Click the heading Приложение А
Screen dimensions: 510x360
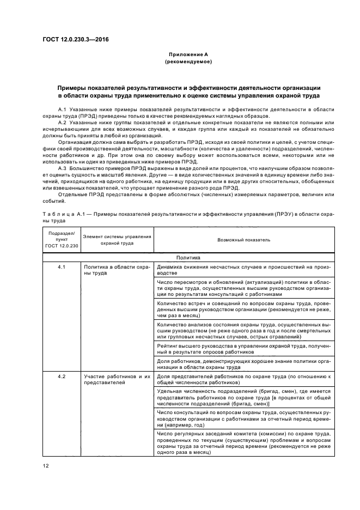point(188,54)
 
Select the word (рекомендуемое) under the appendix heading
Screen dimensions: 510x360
point(188,62)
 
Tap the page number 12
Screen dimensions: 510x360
point(46,465)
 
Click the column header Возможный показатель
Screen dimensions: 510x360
point(243,240)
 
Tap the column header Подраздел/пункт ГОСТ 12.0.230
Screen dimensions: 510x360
point(62,240)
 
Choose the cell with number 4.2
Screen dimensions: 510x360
point(62,377)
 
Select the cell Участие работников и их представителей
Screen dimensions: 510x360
point(117,380)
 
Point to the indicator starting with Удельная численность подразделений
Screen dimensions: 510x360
point(243,397)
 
